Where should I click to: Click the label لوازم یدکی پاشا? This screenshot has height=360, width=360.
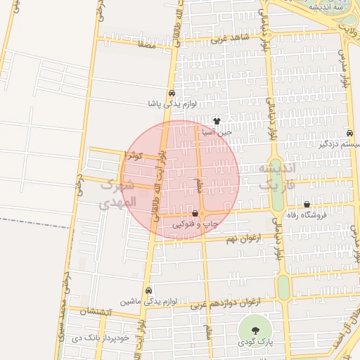click(172, 103)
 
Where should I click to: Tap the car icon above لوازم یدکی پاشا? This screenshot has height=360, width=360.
click(172, 94)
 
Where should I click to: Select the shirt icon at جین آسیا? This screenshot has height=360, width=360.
click(216, 121)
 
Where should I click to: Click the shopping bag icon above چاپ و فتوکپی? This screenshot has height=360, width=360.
click(195, 213)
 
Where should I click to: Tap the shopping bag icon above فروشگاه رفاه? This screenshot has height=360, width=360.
click(307, 205)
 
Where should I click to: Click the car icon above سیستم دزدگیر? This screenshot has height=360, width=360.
click(350, 134)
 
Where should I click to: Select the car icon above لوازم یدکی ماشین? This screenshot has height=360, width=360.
click(148, 290)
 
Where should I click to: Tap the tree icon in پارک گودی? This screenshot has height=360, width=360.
click(255, 330)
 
